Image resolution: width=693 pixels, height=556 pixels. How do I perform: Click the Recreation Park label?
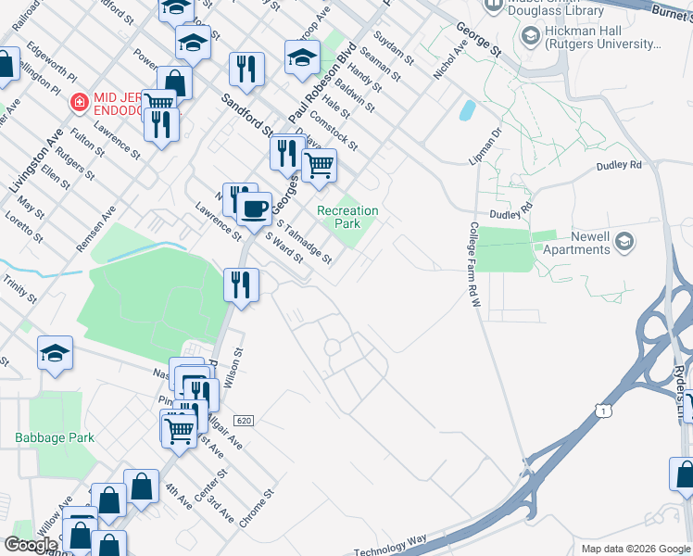[347, 217]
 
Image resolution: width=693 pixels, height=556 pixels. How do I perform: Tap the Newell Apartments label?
[578, 243]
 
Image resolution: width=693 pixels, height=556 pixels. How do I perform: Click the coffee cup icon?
[254, 207]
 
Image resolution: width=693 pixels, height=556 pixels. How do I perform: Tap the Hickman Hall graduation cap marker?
[531, 37]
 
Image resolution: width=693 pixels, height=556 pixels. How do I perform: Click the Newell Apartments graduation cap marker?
[624, 243]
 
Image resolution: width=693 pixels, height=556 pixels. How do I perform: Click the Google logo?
[31, 545]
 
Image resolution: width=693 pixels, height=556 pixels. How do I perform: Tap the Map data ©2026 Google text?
[635, 549]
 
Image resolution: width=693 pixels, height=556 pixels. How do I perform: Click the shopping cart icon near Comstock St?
[319, 165]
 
